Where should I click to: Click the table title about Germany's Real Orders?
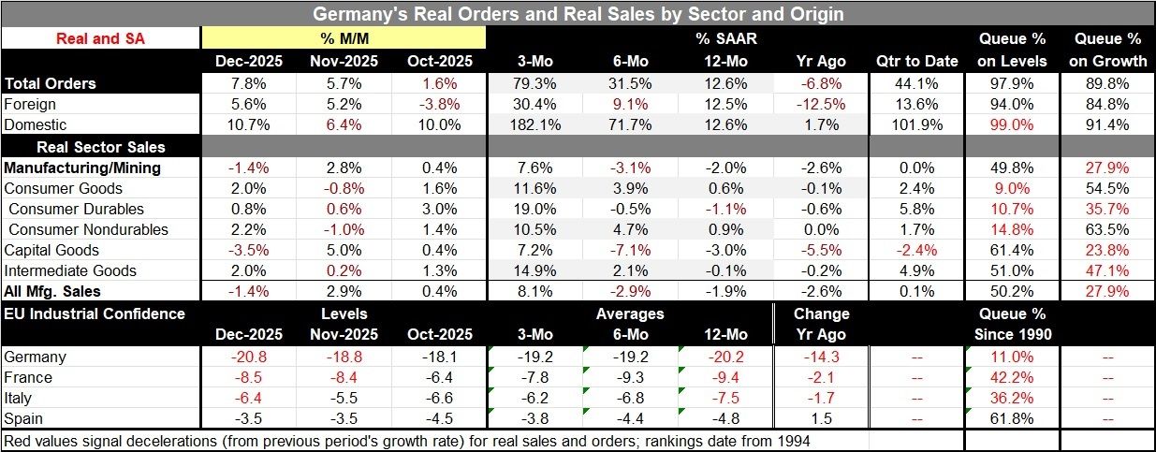pyautogui.click(x=577, y=14)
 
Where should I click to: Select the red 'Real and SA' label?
pyautogui.click(x=100, y=38)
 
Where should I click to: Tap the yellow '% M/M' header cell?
pyautogui.click(x=344, y=38)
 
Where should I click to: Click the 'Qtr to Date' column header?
pyautogui.click(x=916, y=61)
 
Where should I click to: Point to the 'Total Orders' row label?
pyautogui.click(x=51, y=83)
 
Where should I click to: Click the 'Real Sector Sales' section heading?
pyautogui.click(x=100, y=146)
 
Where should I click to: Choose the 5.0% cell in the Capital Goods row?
pyautogui.click(x=344, y=250)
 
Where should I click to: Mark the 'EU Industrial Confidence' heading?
pyautogui.click(x=95, y=313)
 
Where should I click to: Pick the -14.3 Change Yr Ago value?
pyautogui.click(x=821, y=357)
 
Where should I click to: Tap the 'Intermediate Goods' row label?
pyautogui.click(x=70, y=270)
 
